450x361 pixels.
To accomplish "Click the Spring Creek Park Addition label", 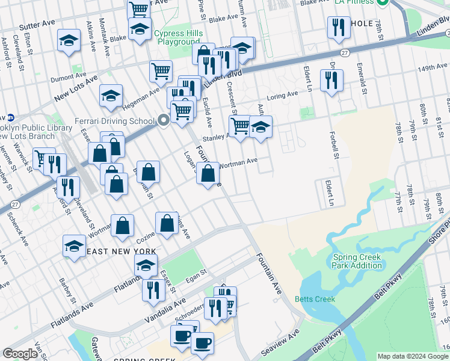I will coord(357,261).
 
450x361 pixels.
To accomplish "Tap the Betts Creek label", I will coord(311,299).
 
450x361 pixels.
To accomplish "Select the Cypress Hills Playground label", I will coord(178,37).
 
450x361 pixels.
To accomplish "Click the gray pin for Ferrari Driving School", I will coord(164,120).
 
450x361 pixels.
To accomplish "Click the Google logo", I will coord(20,354).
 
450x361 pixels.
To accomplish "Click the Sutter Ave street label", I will coord(37,26).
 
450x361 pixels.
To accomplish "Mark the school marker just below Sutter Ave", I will coord(69,41).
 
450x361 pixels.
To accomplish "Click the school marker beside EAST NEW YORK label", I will coord(74,247).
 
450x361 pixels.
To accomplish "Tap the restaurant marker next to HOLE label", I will coord(336,28).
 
